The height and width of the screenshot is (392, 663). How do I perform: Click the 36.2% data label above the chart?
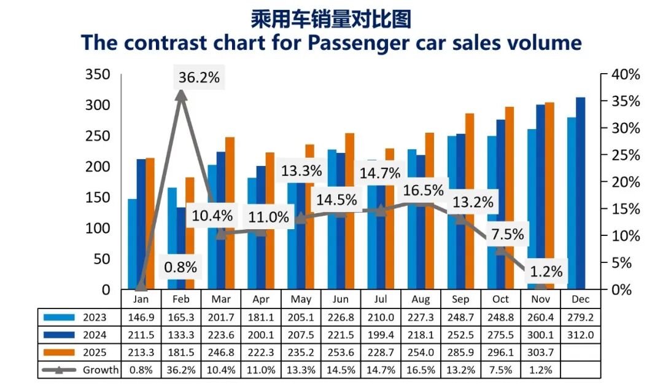click(x=199, y=78)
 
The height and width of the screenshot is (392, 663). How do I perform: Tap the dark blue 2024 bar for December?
click(x=580, y=193)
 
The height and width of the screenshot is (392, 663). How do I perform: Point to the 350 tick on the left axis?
click(x=98, y=74)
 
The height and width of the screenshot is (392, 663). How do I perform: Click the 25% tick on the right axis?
click(x=625, y=155)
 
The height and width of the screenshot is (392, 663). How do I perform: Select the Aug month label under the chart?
click(x=421, y=300)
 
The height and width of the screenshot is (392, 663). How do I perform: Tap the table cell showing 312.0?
click(x=580, y=335)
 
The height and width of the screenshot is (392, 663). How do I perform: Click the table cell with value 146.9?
click(x=141, y=318)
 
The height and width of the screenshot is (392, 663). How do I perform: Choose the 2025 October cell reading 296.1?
click(x=500, y=353)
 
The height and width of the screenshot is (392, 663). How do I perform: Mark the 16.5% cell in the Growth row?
click(x=421, y=370)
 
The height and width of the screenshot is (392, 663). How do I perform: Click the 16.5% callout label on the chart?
click(x=423, y=190)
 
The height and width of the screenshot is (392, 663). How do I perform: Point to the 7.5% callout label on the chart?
click(x=508, y=234)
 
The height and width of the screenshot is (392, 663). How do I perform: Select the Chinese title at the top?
click(x=331, y=19)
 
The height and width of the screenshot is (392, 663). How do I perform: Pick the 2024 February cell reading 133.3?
click(x=181, y=335)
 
